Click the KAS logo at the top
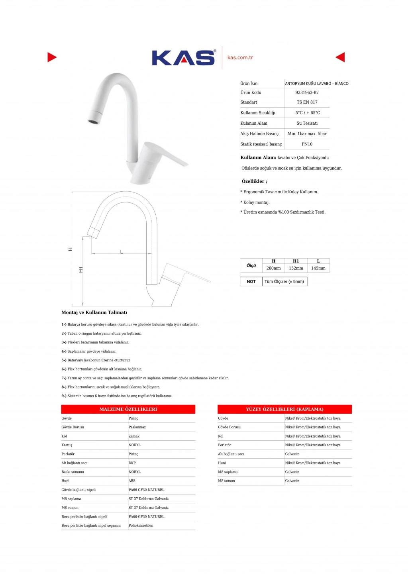(183, 58)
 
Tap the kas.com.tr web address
(240, 57)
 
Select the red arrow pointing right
(52, 57)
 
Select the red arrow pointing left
(340, 57)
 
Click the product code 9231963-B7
(307, 92)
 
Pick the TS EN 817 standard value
(307, 102)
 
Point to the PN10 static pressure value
(307, 144)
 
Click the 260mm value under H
(273, 268)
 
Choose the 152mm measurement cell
(296, 268)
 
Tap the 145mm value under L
(318, 268)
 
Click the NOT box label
(251, 281)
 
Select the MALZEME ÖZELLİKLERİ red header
(128, 409)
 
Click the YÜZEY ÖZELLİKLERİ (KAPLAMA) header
(284, 409)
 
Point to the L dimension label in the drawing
(122, 252)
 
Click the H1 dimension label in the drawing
(81, 270)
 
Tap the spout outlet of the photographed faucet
(94, 121)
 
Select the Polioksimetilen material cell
(141, 526)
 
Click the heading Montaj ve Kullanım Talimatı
(94, 312)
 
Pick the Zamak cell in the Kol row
(134, 436)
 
